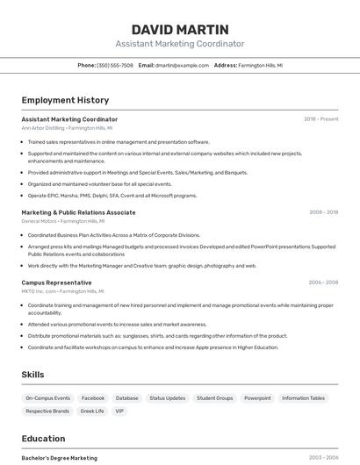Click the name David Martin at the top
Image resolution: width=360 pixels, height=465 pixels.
pyautogui.click(x=180, y=29)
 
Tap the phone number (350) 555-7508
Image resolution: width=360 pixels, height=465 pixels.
pyautogui.click(x=115, y=65)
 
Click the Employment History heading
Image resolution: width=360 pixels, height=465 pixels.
pyautogui.click(x=65, y=100)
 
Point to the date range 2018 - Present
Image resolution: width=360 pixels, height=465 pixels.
pyautogui.click(x=321, y=118)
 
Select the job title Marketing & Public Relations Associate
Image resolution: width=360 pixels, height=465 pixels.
pyautogui.click(x=78, y=212)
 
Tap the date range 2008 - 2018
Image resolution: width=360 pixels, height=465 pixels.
pyautogui.click(x=323, y=212)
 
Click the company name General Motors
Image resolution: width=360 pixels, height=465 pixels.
pyautogui.click(x=39, y=221)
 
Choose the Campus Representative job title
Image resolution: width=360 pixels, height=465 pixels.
pyautogui.click(x=56, y=283)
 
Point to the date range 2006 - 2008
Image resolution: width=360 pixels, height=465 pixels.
pyautogui.click(x=323, y=283)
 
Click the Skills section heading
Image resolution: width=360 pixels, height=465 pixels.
pyautogui.click(x=32, y=375)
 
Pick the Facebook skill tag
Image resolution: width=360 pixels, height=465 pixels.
pyautogui.click(x=92, y=398)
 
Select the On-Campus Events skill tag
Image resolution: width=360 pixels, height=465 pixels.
pyautogui.click(x=47, y=398)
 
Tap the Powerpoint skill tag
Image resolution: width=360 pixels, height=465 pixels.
pyautogui.click(x=257, y=398)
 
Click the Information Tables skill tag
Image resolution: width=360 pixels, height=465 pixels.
pyautogui.click(x=303, y=398)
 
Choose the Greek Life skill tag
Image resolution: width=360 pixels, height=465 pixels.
pyautogui.click(x=92, y=411)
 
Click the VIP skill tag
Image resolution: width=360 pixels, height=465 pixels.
pyautogui.click(x=119, y=411)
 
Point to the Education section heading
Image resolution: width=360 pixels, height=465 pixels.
pyautogui.click(x=43, y=439)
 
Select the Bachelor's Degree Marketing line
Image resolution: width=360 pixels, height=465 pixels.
pyautogui.click(x=59, y=458)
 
